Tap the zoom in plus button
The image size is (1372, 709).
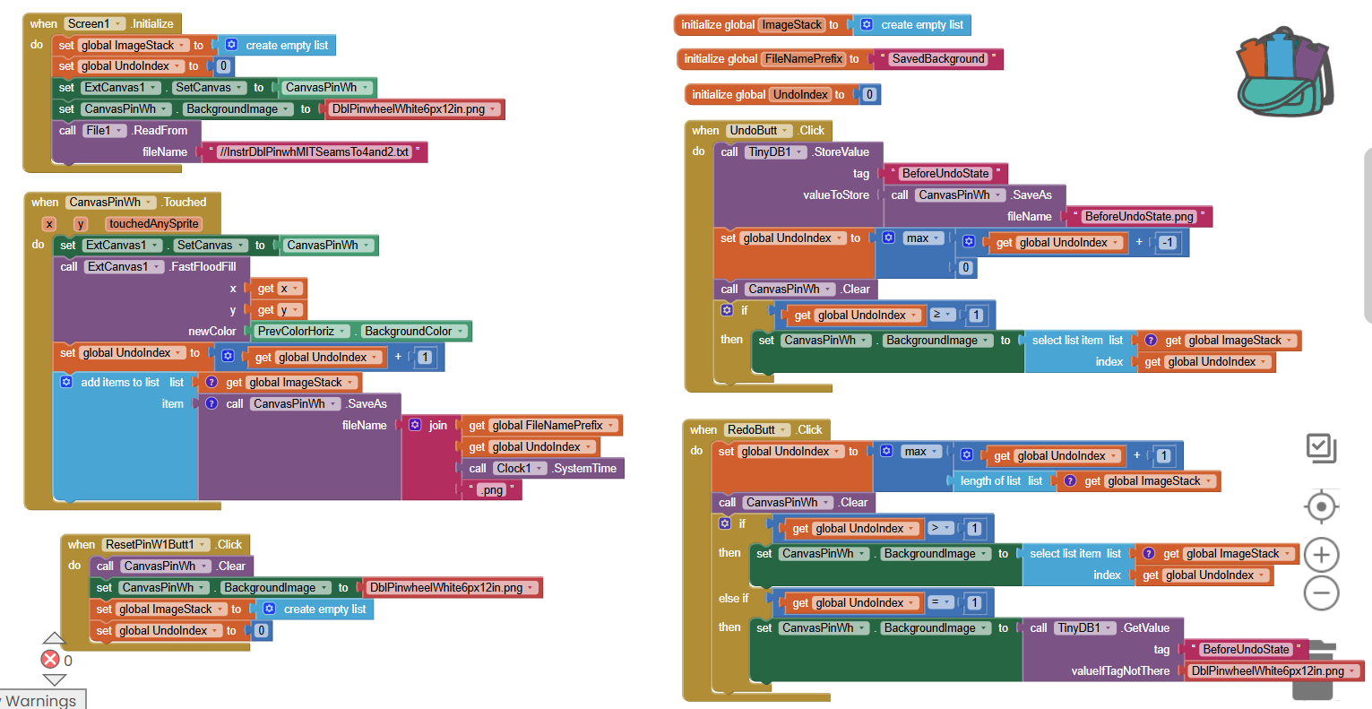click(x=1321, y=555)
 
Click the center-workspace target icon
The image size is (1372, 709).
click(x=1321, y=507)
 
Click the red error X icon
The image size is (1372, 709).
click(x=50, y=660)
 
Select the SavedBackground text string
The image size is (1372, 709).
click(x=937, y=59)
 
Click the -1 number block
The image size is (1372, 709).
click(x=1167, y=243)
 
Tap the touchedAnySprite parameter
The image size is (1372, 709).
click(x=153, y=224)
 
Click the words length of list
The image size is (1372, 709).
click(x=990, y=481)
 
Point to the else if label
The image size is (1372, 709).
click(x=733, y=599)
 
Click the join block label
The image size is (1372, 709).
click(x=437, y=426)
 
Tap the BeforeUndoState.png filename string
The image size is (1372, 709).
click(x=1138, y=217)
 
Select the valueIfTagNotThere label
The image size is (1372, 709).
click(x=1120, y=671)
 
